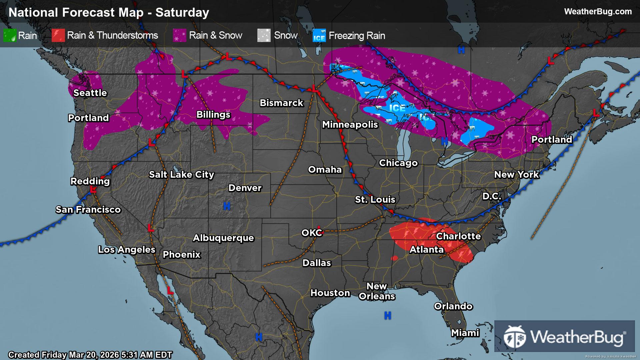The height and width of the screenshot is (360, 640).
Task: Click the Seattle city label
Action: (x=90, y=93)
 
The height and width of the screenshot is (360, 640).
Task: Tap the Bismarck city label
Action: (x=281, y=103)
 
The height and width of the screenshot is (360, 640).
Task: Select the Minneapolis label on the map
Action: (x=350, y=125)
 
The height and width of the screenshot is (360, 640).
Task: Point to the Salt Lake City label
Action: (x=181, y=174)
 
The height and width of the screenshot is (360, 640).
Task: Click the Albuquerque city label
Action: (x=223, y=238)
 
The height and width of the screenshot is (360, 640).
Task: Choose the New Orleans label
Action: (x=377, y=291)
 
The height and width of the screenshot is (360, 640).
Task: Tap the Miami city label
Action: (x=465, y=333)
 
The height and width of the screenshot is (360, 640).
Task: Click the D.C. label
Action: (x=492, y=196)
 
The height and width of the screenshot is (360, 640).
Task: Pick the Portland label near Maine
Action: (x=552, y=139)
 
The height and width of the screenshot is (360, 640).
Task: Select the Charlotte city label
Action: (x=458, y=236)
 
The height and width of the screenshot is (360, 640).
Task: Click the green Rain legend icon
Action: (x=10, y=35)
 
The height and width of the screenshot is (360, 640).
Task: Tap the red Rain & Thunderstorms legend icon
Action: (x=58, y=35)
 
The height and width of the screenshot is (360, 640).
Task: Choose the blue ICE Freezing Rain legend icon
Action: (x=319, y=36)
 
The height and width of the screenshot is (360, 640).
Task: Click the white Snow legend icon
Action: (x=264, y=35)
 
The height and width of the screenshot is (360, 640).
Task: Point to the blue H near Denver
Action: (x=227, y=206)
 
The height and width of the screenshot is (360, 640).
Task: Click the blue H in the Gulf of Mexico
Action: (x=387, y=315)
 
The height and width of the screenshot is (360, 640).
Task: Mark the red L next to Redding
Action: (x=93, y=189)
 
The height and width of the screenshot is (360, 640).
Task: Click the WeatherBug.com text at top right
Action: (x=598, y=12)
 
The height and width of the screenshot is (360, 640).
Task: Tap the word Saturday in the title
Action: (x=182, y=12)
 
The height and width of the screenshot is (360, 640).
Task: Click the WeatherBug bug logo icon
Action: (x=515, y=337)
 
